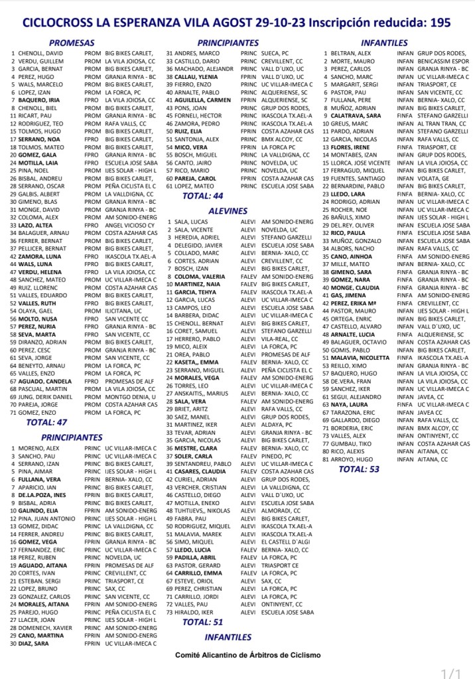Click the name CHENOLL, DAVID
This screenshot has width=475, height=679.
click(x=41, y=52)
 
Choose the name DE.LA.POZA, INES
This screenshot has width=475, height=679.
click(x=42, y=494)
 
